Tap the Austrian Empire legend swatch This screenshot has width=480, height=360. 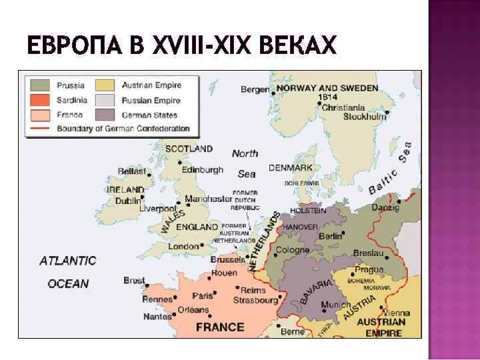click(x=105, y=86)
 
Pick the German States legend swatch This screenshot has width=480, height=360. click(x=105, y=115)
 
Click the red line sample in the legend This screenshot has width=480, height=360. click(x=40, y=129)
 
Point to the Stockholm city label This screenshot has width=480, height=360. click(x=365, y=116)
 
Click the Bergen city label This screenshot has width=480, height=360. click(x=255, y=89)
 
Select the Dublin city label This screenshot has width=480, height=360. click(x=127, y=200)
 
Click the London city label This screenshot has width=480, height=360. click(x=183, y=246)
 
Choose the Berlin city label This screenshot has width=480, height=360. click(x=330, y=237)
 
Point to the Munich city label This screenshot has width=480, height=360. click(x=335, y=305)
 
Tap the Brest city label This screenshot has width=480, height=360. click(x=134, y=281)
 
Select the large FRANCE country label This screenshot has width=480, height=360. click(x=220, y=327)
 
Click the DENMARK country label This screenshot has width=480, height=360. click(x=291, y=168)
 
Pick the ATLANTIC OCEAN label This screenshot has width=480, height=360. click(x=68, y=272)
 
